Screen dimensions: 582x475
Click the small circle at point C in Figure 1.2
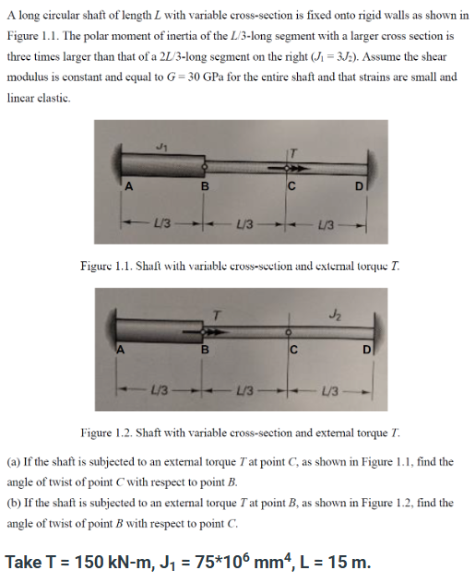click(x=290, y=330)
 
